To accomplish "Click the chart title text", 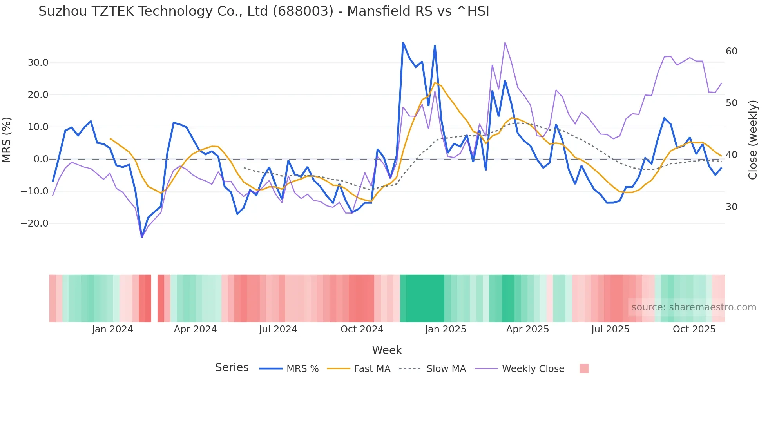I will click(x=264, y=11).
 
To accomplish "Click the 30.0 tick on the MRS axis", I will click(x=38, y=63).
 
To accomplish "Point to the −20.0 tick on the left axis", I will click(x=34, y=223).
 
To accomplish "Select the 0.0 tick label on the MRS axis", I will click(x=41, y=159).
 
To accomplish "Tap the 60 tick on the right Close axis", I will click(x=731, y=51).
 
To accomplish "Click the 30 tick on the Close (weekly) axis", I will click(x=731, y=207).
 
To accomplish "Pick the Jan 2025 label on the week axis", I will click(x=446, y=329).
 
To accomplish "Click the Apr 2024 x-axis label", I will click(x=195, y=329).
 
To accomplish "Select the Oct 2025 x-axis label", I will click(x=694, y=329).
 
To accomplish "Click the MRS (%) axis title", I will click(x=7, y=140).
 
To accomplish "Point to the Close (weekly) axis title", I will click(x=753, y=140).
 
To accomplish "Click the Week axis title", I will click(x=387, y=350).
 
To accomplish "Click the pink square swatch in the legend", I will click(x=584, y=369).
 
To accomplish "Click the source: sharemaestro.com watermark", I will click(x=694, y=307).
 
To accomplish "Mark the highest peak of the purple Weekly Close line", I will click(x=505, y=42).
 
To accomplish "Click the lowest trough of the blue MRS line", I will click(x=142, y=237).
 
